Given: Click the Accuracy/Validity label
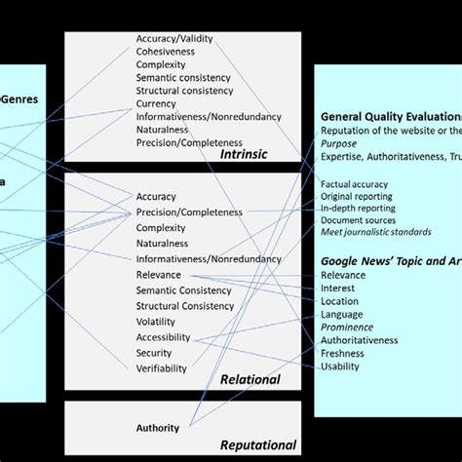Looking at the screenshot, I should point(174,39).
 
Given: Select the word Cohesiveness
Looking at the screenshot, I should point(166,52).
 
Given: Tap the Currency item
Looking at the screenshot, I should point(156,103).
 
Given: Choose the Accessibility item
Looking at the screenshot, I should point(163,338).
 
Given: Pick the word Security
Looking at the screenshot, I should point(155,353).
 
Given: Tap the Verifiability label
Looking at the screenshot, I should point(162,367).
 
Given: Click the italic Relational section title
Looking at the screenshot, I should point(250,379).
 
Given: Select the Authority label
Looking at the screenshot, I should point(157,427).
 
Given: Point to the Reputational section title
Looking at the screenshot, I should point(257,444).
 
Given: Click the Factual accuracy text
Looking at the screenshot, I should point(354,184).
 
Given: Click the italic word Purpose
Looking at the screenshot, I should point(338,142).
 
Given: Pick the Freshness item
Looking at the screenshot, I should point(342,354).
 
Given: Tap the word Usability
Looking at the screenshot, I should point(340,366).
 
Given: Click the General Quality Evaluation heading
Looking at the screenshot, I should point(391,117).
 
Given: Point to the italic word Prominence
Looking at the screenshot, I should point(347,327).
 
